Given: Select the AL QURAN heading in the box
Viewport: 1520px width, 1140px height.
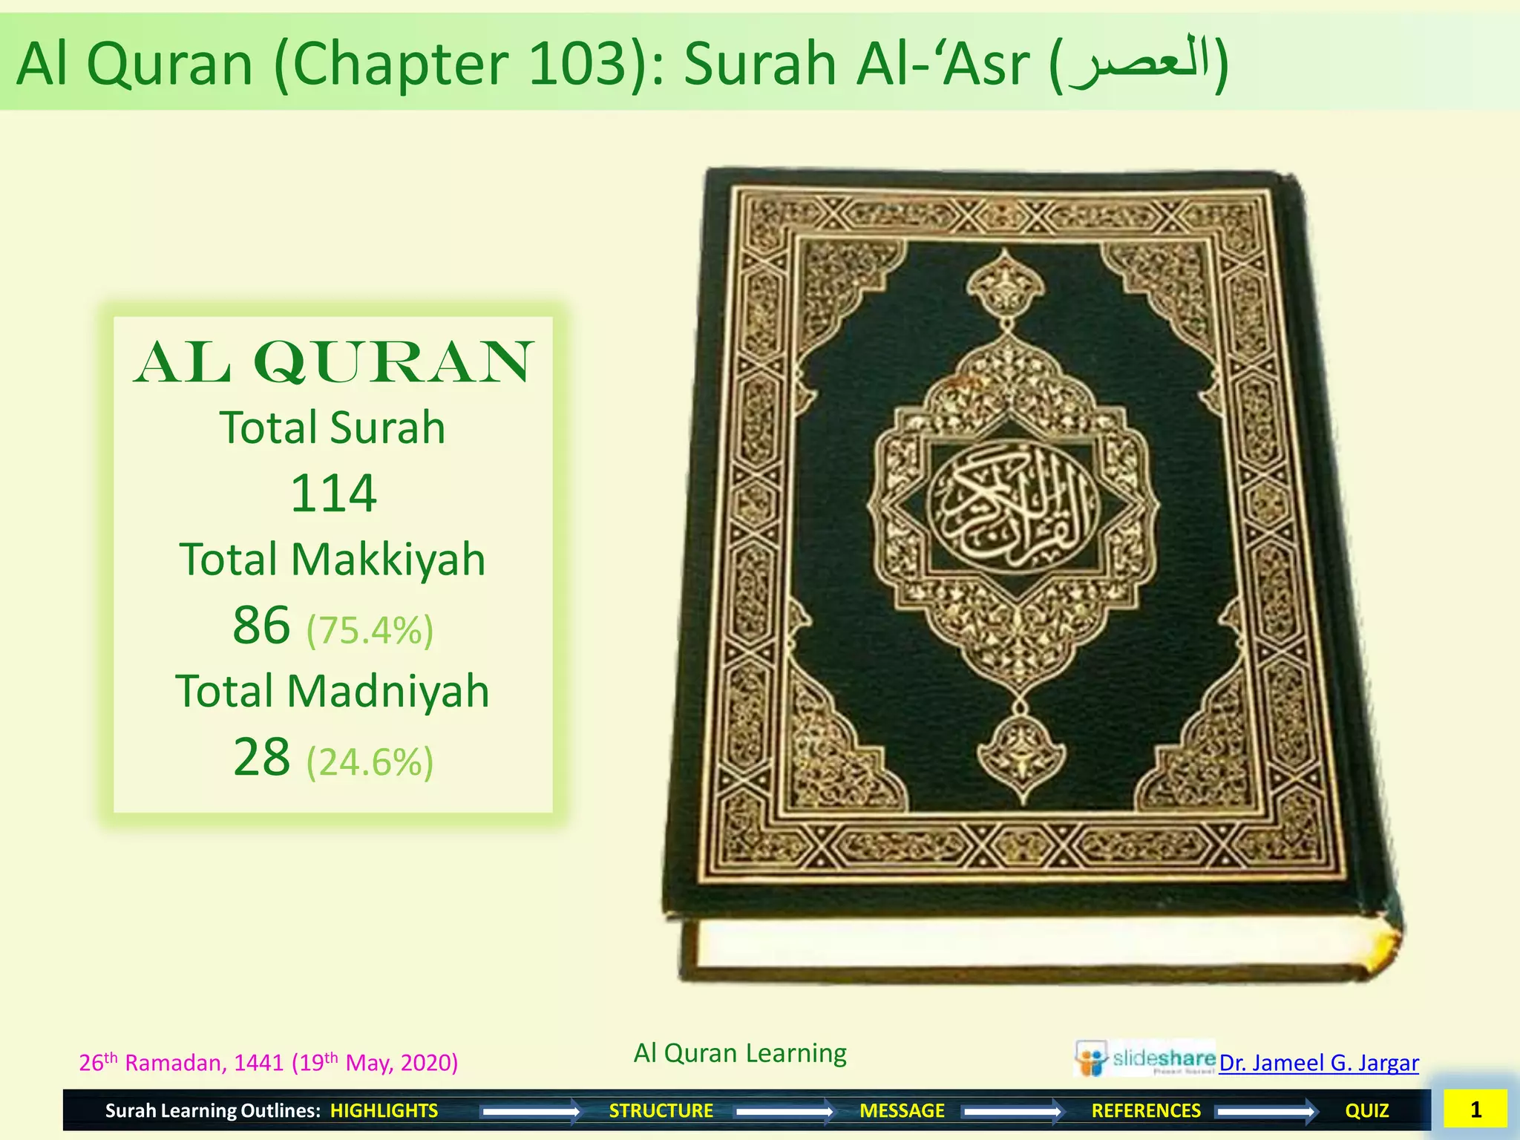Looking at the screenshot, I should click(x=333, y=362).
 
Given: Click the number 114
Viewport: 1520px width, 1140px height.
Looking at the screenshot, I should click(x=333, y=493).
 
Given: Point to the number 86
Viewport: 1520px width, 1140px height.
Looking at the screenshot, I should click(x=261, y=625).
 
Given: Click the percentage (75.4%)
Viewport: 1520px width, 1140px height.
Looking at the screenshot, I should click(x=370, y=630).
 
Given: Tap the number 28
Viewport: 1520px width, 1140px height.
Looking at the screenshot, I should click(x=261, y=757).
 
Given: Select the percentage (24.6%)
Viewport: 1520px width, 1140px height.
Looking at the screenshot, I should click(x=370, y=762).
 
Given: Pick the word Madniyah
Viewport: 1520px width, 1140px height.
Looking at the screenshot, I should click(x=387, y=691).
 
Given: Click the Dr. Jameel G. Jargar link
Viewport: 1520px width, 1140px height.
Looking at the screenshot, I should click(x=1319, y=1063).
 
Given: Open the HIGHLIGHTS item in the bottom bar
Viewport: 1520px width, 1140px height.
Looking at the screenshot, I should click(x=384, y=1110).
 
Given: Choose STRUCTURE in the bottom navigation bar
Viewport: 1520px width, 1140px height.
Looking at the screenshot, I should click(x=661, y=1110).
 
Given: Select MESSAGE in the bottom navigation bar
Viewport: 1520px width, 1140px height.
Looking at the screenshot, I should click(x=902, y=1110).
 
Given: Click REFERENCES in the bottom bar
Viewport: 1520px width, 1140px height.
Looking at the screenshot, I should click(x=1146, y=1110).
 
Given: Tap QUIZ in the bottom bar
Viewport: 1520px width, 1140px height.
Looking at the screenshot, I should click(x=1366, y=1110).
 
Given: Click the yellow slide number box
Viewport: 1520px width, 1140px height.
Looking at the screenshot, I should click(x=1475, y=1109).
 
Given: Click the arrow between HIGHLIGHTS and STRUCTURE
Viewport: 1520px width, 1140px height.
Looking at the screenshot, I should click(x=531, y=1111).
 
